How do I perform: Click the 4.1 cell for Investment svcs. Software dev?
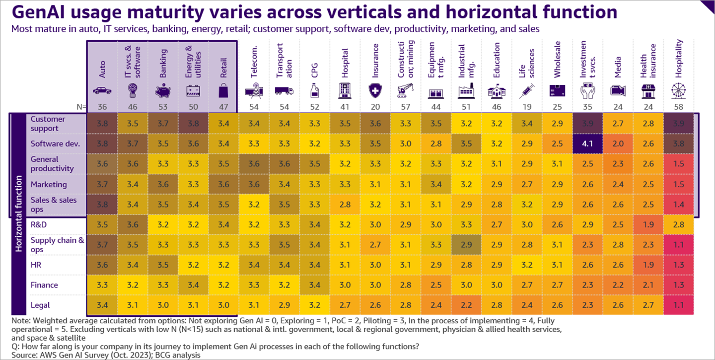588,144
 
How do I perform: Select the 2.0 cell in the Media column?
618,144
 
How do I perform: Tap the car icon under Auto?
102,91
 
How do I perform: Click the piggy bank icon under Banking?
163,91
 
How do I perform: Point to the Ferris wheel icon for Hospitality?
679,91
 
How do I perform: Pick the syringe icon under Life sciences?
527,91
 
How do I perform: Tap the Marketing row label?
49,184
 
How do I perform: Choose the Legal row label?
40,305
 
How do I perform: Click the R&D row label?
39,224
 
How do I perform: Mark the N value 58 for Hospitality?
679,106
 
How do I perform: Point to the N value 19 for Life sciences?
527,106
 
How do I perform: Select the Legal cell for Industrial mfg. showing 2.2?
467,305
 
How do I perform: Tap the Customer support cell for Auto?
102,124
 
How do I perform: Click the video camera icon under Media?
618,91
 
